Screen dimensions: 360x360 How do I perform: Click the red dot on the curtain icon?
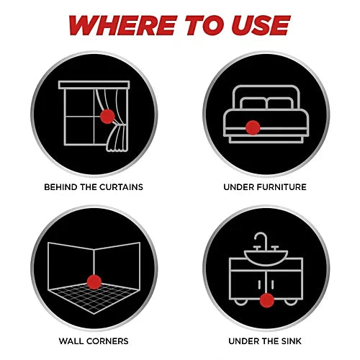point(107,117)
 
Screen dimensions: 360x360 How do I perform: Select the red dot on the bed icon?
point(253,127)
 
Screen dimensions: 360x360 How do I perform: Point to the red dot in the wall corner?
point(94,282)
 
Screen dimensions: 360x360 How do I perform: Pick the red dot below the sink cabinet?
point(266,300)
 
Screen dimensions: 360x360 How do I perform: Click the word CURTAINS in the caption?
point(121,187)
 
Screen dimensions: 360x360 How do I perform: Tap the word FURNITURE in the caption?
point(282,187)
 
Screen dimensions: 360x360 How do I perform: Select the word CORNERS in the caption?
point(107,341)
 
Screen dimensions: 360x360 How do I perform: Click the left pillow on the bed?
point(253,103)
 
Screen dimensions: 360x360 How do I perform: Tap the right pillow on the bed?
point(280,103)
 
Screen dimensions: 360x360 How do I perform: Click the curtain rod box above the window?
point(94,85)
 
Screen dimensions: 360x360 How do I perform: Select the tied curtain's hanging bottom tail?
point(117,138)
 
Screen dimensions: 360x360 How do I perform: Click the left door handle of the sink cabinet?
point(259,284)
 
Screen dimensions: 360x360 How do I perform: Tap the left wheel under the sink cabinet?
point(240,302)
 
